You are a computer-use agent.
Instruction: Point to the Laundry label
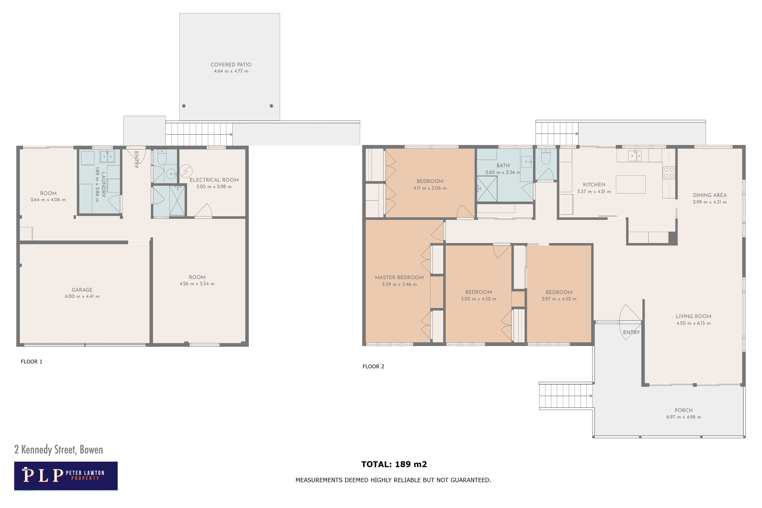(x=103, y=184)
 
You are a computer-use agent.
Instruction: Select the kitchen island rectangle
(x=630, y=184)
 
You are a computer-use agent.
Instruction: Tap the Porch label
(x=684, y=410)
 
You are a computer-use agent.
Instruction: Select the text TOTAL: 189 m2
(x=394, y=464)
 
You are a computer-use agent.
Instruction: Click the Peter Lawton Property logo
(x=66, y=476)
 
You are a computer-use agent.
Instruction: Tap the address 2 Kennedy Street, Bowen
(x=59, y=450)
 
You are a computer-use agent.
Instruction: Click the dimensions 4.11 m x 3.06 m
(x=430, y=188)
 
